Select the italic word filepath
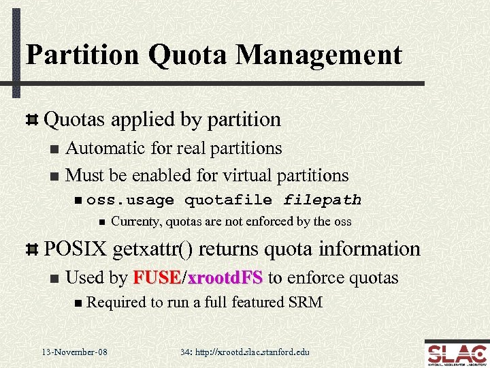tap(322, 200)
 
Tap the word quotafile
tap(229, 200)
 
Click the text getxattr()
tap(165, 249)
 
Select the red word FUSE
tap(157, 278)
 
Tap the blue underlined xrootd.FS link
tap(225, 278)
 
